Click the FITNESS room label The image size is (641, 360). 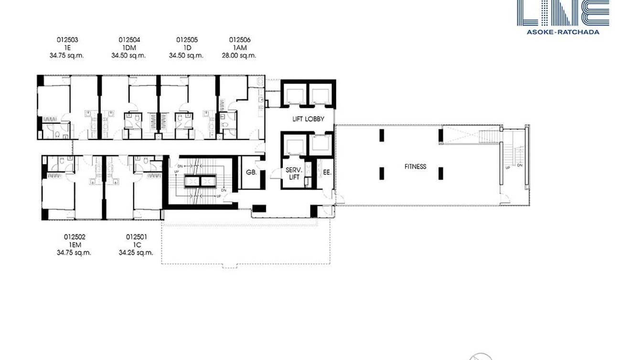click(415, 167)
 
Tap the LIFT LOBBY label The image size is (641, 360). click(308, 119)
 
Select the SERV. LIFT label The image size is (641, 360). click(292, 173)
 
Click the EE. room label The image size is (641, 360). click(327, 173)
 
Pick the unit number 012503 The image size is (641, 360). click(67, 40)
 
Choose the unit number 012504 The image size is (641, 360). click(129, 40)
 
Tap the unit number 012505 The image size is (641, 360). click(187, 40)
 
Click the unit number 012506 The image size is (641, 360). click(239, 40)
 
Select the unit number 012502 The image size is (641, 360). click(74, 237)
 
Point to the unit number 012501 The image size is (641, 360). click(136, 237)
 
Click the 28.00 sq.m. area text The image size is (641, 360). click(239, 55)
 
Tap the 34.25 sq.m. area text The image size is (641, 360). click(136, 253)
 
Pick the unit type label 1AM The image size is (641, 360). click(239, 48)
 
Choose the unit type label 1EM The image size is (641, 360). click(74, 244)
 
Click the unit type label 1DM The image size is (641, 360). click(129, 48)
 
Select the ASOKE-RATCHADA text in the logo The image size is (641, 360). click(563, 32)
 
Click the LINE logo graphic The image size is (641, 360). click(563, 12)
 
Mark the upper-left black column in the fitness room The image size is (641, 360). click(382, 136)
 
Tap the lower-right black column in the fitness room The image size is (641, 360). click(440, 173)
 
